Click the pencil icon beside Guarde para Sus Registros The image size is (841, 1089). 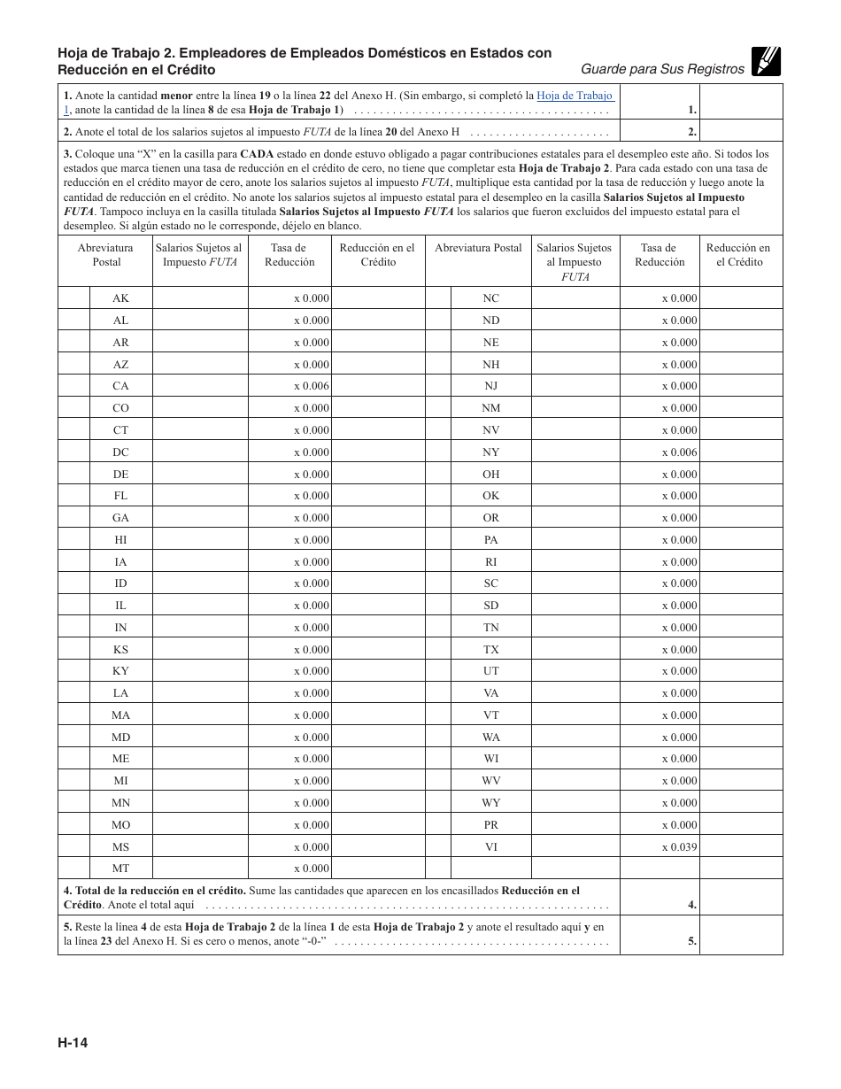766,61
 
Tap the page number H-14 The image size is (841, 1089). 73,1042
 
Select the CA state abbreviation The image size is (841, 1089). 120,386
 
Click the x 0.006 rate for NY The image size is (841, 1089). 679,452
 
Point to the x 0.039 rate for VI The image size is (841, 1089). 679,847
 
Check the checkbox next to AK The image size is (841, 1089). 74,298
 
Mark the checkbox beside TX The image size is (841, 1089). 438,650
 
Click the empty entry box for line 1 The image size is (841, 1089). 740,102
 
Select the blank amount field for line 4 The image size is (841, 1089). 740,897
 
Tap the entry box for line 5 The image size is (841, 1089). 740,934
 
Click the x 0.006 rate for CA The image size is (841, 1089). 311,386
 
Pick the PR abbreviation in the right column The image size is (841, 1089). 490,825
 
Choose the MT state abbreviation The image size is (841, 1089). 120,869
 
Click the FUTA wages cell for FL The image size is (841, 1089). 200,496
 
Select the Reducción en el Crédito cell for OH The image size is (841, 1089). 740,475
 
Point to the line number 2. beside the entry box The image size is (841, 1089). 691,132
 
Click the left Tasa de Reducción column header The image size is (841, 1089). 289,255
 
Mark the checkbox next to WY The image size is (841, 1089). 438,803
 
